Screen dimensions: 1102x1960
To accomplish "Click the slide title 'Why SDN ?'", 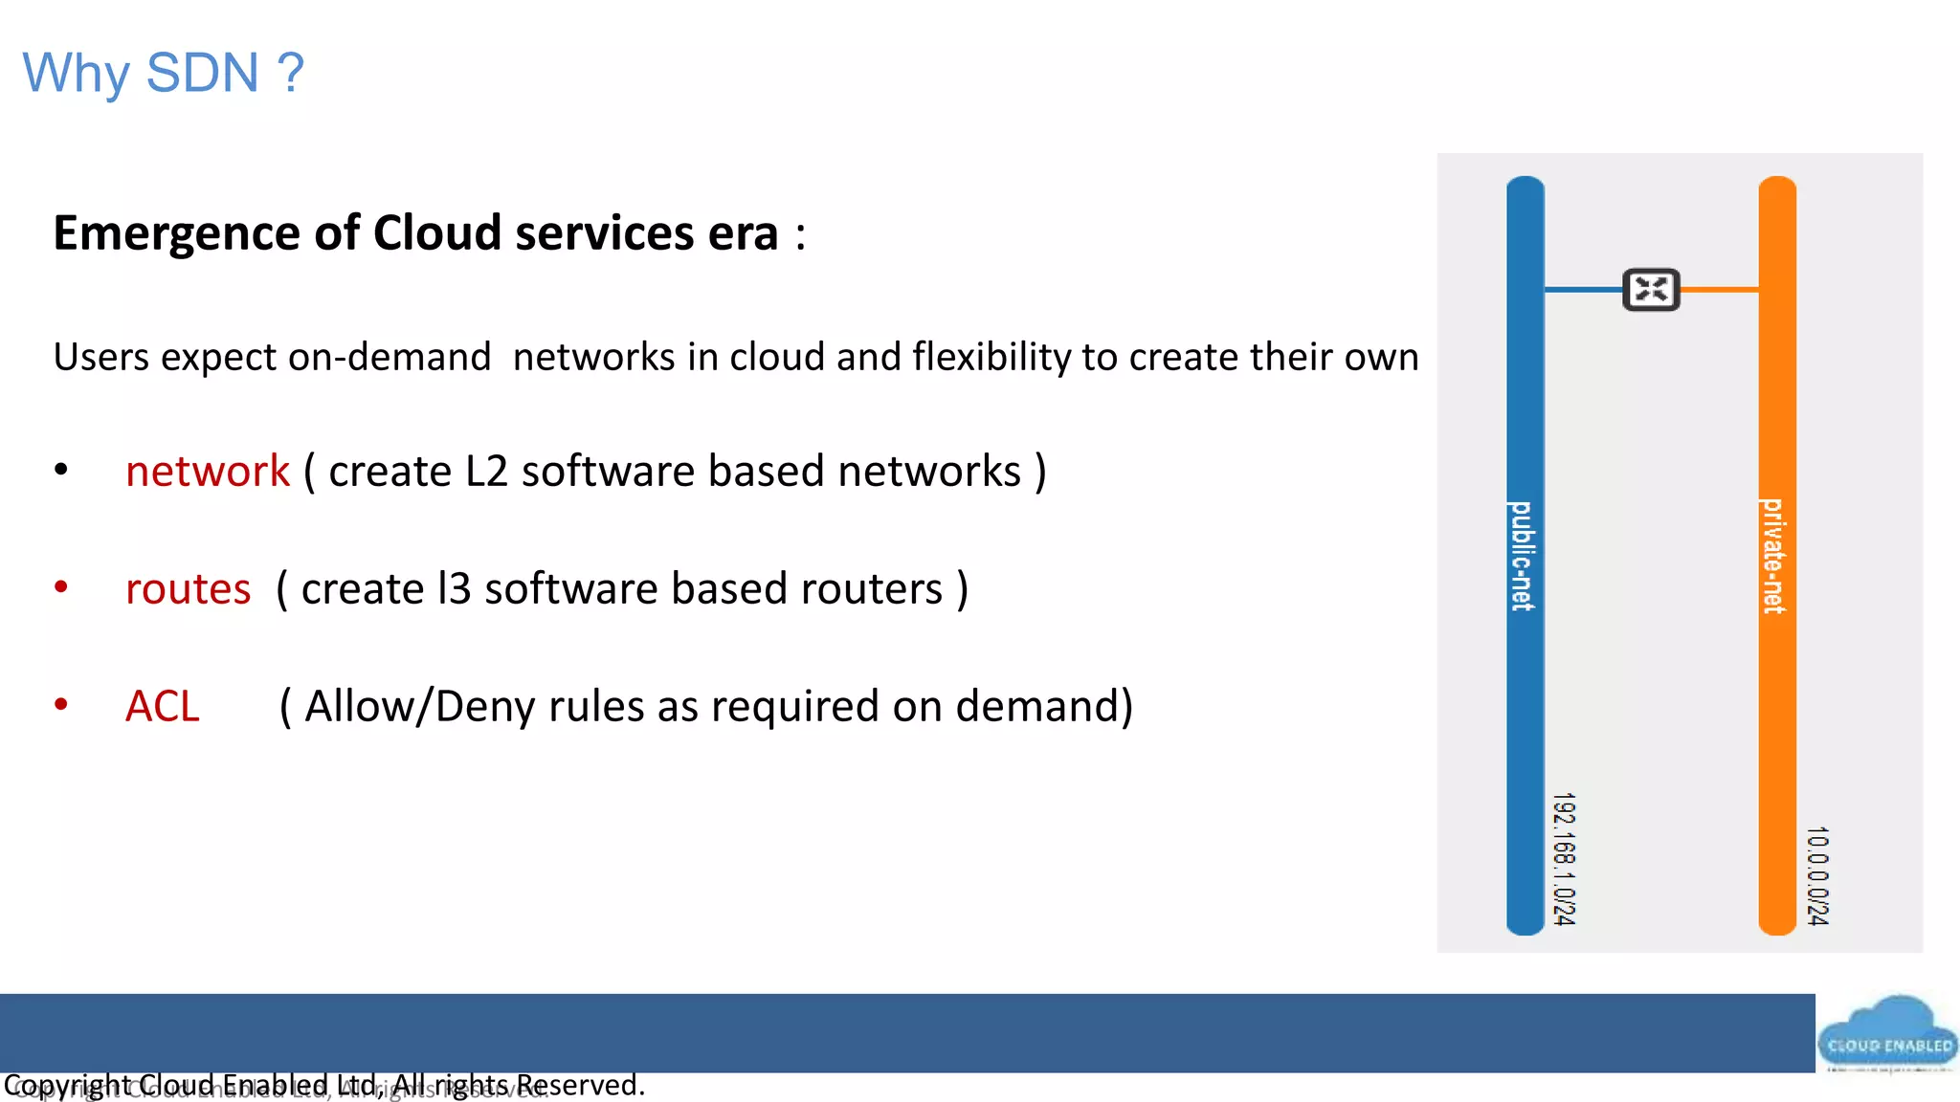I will click(163, 74).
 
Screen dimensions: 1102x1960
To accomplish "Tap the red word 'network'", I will click(208, 472).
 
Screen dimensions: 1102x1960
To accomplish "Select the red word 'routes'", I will click(189, 589).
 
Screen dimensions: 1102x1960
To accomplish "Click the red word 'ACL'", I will click(163, 707).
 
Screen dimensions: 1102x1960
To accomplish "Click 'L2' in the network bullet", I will click(486, 472).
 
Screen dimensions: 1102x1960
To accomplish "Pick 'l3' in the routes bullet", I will click(454, 589).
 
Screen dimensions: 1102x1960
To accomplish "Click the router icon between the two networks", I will click(1651, 289).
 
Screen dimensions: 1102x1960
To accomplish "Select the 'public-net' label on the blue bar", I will click(1523, 556).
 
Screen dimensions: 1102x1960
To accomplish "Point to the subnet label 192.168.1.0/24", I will click(1564, 858).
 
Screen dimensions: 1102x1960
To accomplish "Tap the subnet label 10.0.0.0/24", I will click(1817, 875).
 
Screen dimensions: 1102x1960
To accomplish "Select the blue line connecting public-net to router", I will click(1583, 289).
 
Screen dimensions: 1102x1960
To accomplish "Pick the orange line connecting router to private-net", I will click(1720, 289).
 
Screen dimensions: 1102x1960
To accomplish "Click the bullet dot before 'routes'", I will click(61, 587).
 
